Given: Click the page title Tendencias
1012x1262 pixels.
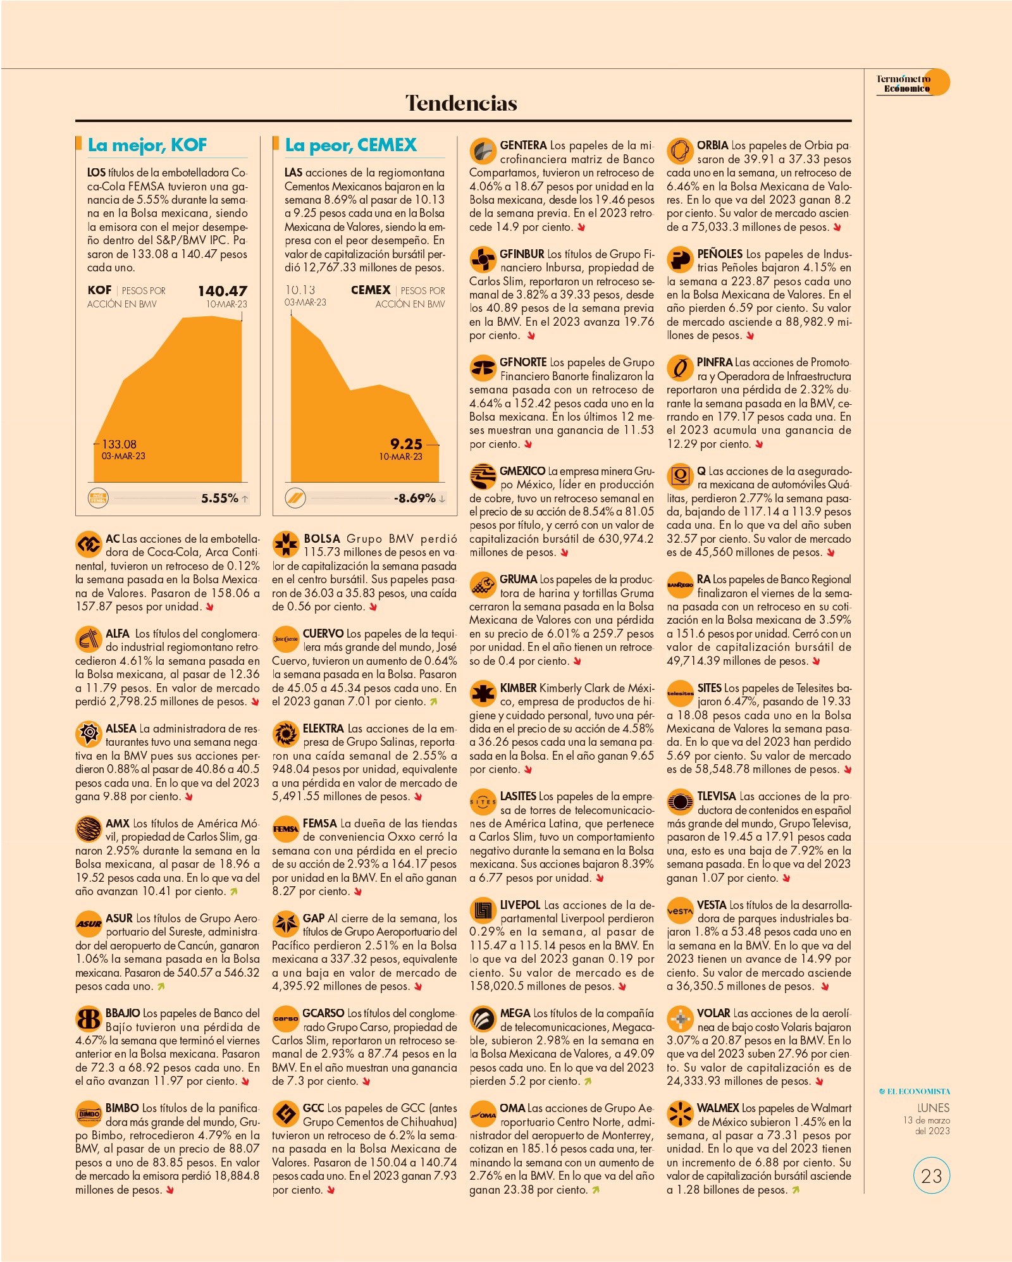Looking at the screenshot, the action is tap(461, 103).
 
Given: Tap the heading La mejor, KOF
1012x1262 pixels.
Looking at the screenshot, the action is tap(147, 145).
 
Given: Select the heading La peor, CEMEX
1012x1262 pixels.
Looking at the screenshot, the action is tap(350, 145).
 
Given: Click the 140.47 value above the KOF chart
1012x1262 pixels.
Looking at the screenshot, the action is tap(223, 291).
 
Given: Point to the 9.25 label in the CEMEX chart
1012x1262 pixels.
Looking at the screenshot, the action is tap(406, 444).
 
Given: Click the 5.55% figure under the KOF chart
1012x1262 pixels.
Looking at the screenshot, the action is tap(219, 498).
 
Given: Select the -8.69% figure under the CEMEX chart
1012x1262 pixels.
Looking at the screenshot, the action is tap(415, 498).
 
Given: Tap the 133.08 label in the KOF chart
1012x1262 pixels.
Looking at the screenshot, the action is tap(119, 444).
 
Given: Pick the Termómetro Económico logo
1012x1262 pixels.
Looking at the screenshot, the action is tap(913, 83).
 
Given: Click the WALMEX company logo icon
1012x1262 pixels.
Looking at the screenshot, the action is tap(680, 1113).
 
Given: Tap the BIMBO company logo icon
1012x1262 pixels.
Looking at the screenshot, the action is tap(89, 1113).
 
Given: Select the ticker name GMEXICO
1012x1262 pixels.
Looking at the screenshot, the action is tap(522, 471).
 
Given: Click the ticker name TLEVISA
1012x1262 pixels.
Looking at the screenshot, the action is tap(717, 796).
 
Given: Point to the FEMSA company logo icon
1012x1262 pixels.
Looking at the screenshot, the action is tap(285, 829).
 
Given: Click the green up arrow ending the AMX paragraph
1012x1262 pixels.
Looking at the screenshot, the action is tap(233, 892).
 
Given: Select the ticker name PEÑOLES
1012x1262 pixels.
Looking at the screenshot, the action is tap(720, 254).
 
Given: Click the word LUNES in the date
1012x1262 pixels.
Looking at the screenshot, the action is tap(934, 1108).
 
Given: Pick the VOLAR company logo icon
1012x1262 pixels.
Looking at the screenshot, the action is tap(680, 1018).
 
